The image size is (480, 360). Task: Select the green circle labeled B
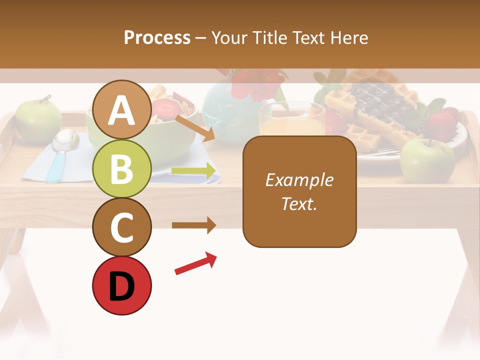(x=122, y=168)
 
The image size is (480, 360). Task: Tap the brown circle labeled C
(x=122, y=227)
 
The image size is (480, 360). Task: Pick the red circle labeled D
(x=122, y=285)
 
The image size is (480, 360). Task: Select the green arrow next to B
(x=194, y=171)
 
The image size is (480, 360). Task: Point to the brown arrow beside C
(x=194, y=225)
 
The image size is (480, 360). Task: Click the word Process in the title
(x=157, y=38)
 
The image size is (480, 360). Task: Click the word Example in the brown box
(x=299, y=180)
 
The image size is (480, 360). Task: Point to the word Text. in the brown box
(x=299, y=203)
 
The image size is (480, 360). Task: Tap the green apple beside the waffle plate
(x=427, y=159)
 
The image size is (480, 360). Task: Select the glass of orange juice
(x=291, y=120)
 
